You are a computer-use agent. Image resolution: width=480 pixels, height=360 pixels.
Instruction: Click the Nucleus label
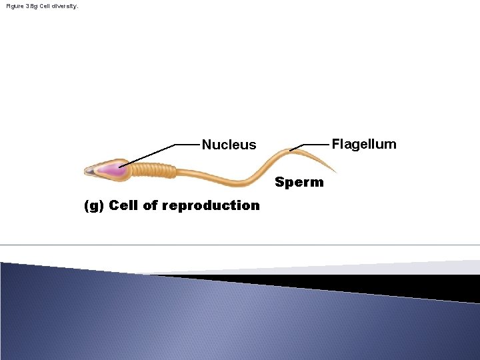229,145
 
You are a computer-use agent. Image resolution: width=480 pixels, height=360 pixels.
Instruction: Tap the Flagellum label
364,144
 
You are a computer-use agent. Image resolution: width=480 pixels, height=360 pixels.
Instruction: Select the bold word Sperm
299,182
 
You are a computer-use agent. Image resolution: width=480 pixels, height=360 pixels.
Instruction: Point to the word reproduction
211,205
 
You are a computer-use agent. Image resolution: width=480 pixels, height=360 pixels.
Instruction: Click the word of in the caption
150,205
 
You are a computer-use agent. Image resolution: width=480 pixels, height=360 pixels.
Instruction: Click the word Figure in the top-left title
14,6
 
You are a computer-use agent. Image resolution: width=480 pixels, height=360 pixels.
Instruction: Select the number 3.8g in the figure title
31,6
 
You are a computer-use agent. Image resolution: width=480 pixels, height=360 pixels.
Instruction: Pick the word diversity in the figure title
65,6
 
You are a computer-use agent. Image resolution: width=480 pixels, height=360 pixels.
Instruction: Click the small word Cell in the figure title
47,6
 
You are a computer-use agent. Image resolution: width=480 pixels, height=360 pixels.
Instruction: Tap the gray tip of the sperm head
89,171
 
